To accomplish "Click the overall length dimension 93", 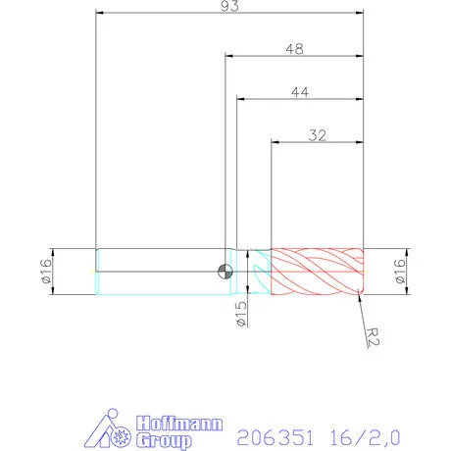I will click(x=229, y=6).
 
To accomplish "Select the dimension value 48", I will click(x=294, y=48).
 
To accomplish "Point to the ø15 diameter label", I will click(x=241, y=315).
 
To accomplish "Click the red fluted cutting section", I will click(x=317, y=272).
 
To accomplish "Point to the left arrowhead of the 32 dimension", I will click(x=275, y=142).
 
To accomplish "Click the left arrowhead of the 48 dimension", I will click(x=230, y=57).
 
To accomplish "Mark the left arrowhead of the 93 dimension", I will click(x=100, y=14).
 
